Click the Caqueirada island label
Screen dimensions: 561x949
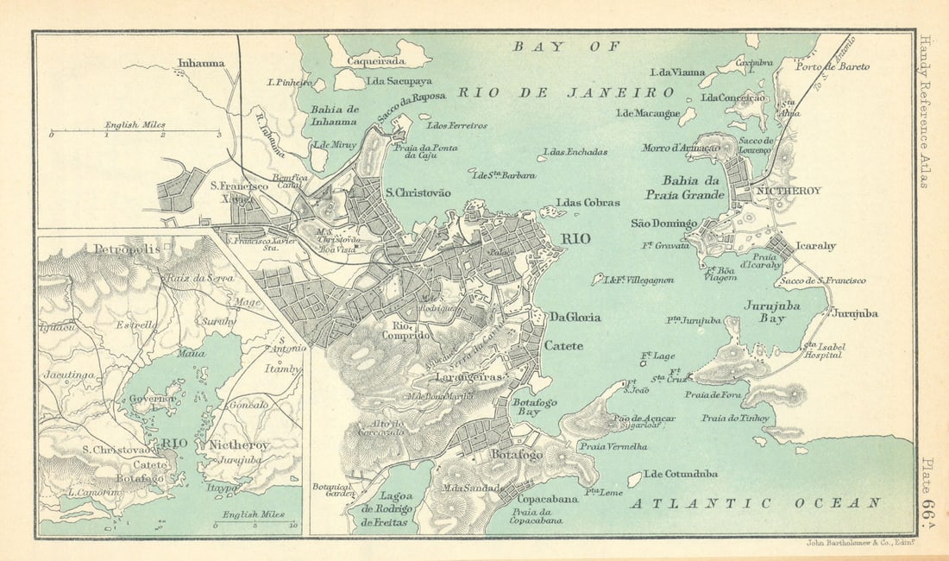(375, 61)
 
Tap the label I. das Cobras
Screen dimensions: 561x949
(588, 203)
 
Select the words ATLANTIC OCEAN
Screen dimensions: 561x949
(756, 502)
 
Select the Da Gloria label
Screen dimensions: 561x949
(575, 317)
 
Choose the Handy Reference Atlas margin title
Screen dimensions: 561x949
(926, 111)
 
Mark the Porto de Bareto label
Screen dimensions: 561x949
(833, 66)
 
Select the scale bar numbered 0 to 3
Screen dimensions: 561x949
(135, 131)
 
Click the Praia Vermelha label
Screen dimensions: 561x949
(613, 447)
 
